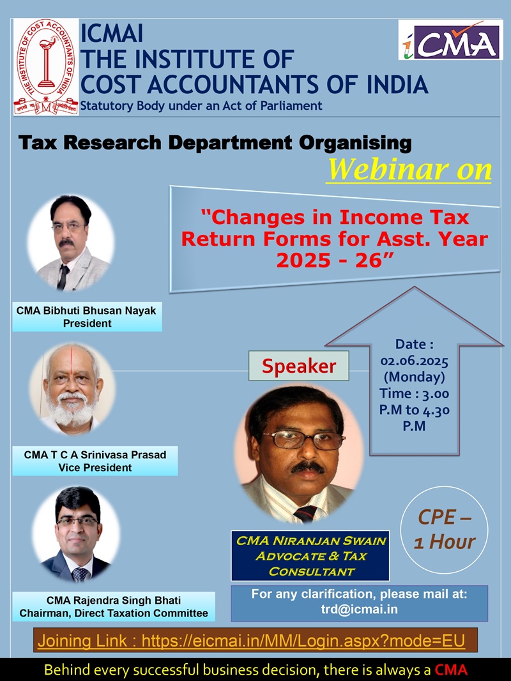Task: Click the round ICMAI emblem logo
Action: pos(46,66)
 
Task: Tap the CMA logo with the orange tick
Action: pos(450,40)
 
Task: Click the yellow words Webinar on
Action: pos(409,170)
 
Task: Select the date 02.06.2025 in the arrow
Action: pos(414,361)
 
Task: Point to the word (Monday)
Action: pos(414,377)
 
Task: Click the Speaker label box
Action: pos(298,366)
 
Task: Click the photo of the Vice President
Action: pos(72,389)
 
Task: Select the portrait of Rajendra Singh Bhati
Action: pos(77,534)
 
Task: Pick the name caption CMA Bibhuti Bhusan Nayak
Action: pos(86,311)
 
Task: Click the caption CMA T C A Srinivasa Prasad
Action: pos(95,454)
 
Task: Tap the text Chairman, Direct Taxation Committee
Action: pos(114,613)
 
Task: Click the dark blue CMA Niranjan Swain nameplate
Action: pos(310,556)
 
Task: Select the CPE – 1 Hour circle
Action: pos(444,530)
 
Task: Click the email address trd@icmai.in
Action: pos(360,609)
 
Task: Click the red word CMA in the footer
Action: pos(451,670)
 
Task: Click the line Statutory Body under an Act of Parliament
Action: pos(201,105)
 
